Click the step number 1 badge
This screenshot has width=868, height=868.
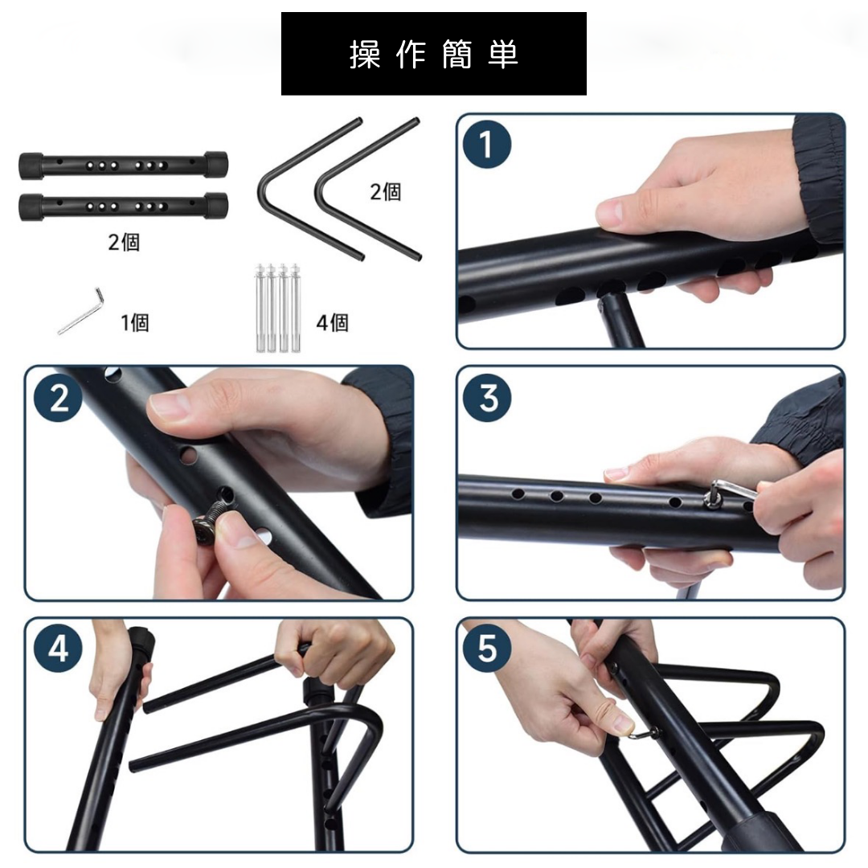[486, 145]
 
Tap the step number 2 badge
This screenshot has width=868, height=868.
[58, 398]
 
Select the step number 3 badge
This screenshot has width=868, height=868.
[487, 398]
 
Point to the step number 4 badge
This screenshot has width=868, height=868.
[58, 649]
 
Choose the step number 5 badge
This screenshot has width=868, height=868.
[487, 649]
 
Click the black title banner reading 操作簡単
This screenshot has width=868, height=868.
[433, 54]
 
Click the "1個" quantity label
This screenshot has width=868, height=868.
[134, 322]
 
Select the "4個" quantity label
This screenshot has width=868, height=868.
[332, 322]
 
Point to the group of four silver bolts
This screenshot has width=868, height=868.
[277, 308]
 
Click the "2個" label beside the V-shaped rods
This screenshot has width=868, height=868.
[385, 191]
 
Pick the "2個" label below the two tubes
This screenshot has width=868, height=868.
[124, 242]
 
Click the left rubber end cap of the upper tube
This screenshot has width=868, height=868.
[31, 166]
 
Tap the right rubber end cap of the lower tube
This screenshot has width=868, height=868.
[215, 207]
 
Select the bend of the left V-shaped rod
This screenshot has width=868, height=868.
[264, 192]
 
